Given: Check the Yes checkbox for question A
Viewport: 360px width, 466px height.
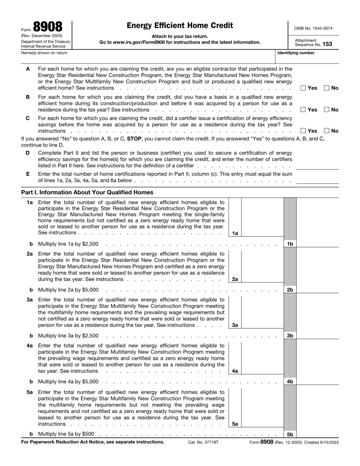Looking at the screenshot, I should click(303, 87).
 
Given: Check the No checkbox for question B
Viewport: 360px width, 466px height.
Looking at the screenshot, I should click(327, 109).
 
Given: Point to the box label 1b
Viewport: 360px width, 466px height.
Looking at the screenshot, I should click(290, 244).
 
